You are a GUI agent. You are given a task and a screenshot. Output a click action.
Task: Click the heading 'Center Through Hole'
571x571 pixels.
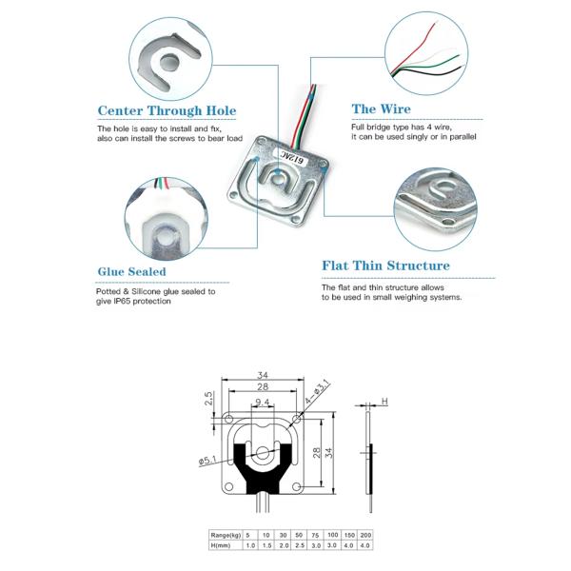click(x=167, y=110)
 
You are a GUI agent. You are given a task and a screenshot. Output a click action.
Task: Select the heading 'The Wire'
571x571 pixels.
click(x=381, y=109)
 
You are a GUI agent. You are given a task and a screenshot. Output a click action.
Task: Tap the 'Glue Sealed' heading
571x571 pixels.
click(x=131, y=272)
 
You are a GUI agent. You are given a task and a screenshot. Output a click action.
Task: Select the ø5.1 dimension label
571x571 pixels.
click(x=207, y=461)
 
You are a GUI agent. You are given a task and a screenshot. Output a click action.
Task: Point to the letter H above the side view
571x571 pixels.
click(x=385, y=402)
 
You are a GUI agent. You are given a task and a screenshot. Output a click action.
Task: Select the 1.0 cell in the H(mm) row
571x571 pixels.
click(x=248, y=546)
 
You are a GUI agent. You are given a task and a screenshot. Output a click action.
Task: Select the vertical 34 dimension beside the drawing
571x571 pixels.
click(x=330, y=451)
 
